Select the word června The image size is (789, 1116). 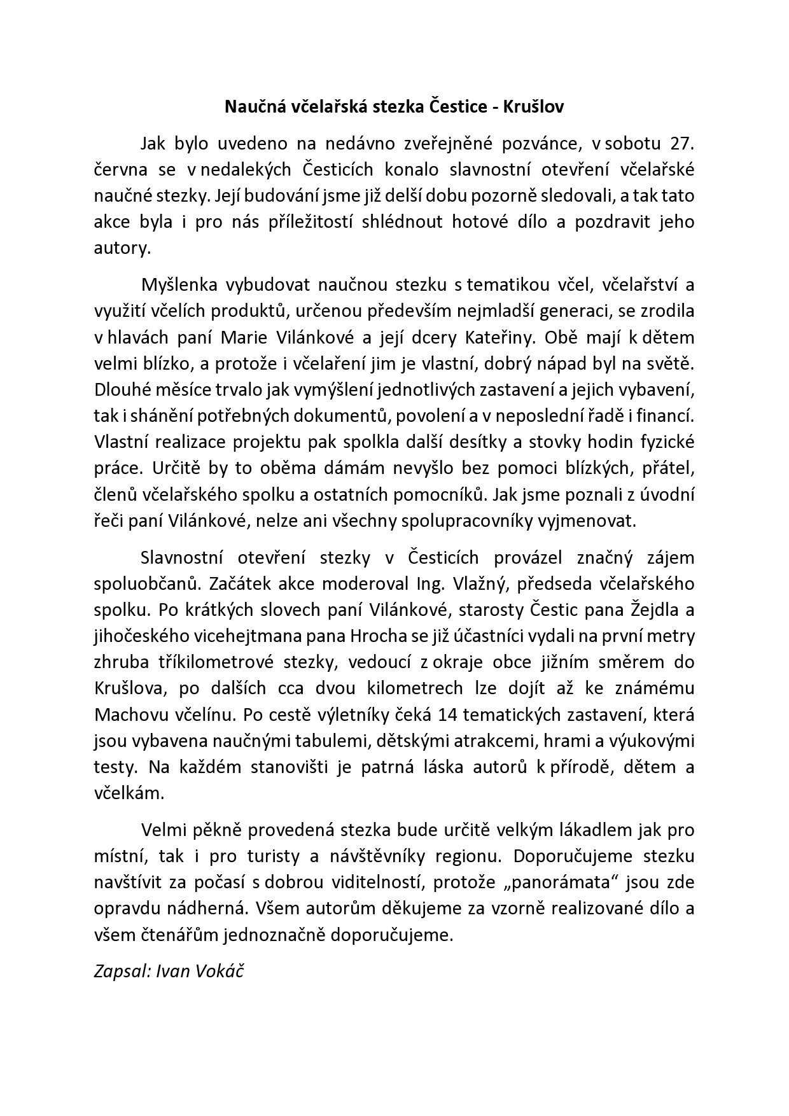click(x=121, y=170)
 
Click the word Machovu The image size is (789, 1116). click(x=131, y=714)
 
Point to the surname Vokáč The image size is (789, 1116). click(x=221, y=972)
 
